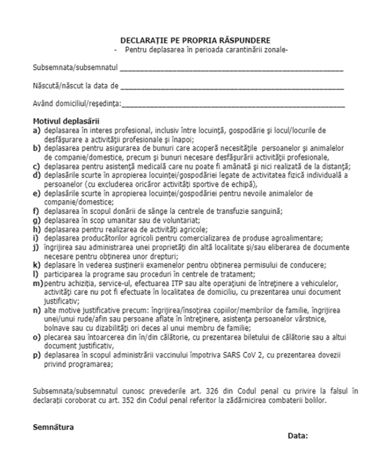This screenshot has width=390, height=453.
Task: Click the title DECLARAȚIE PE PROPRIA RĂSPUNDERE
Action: (x=195, y=40)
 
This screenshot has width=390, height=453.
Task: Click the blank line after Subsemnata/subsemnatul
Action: (x=231, y=70)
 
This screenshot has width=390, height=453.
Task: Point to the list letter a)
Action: (x=36, y=129)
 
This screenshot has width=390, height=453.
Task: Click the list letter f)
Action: (x=36, y=212)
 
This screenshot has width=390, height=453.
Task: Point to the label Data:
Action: (x=298, y=436)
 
